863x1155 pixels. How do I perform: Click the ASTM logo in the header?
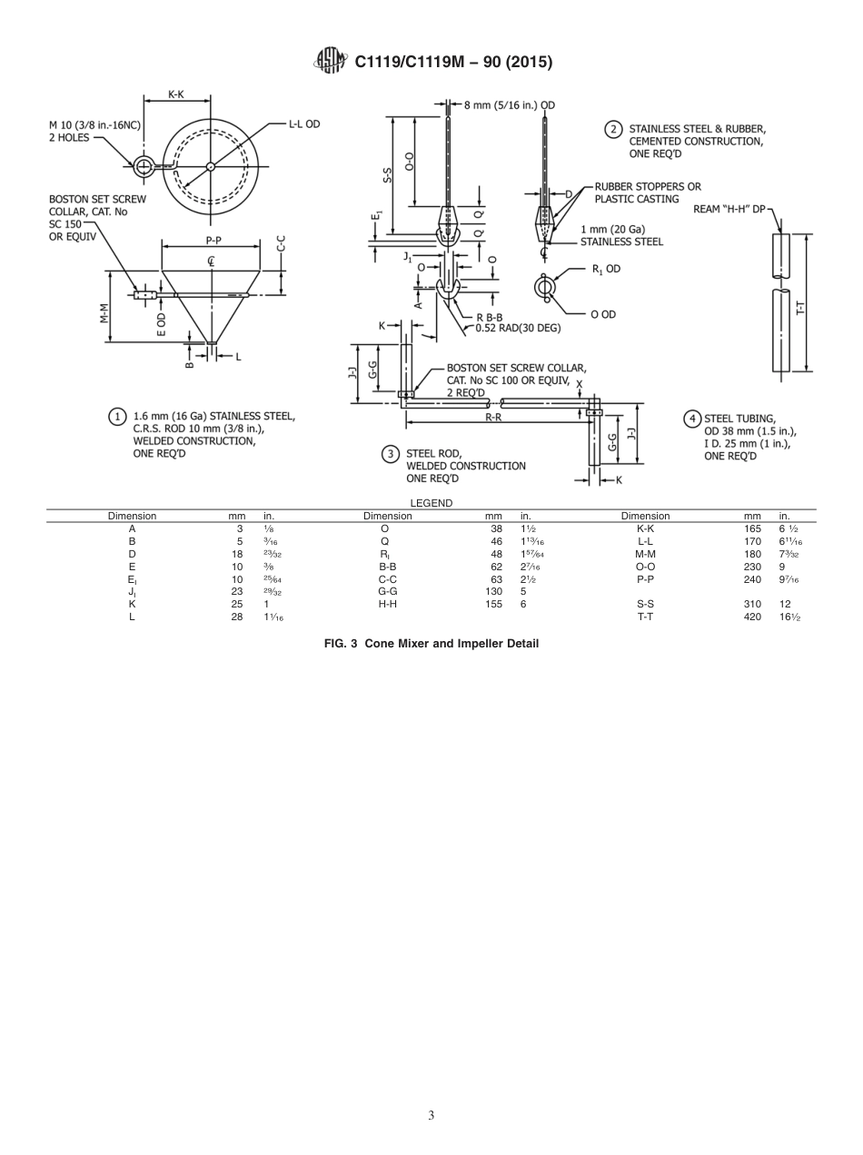[330, 61]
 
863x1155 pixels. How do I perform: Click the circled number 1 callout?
[117, 417]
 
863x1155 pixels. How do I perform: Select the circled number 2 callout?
[614, 129]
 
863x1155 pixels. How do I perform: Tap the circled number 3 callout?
[391, 453]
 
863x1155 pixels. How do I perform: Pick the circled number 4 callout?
[691, 419]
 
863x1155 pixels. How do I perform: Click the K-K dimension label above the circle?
[178, 94]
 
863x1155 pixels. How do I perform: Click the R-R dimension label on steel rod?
[494, 417]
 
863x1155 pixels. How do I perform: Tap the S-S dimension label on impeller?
[387, 174]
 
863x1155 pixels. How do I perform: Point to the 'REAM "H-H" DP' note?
[729, 209]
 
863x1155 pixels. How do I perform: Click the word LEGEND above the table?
[431, 502]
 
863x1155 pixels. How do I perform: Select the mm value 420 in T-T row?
[752, 617]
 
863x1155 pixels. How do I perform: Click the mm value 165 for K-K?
[752, 528]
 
